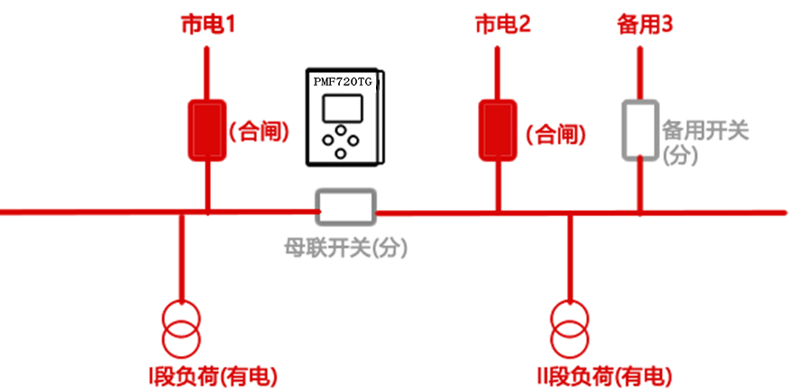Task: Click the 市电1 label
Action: pos(207,24)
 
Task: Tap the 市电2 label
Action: pos(502,24)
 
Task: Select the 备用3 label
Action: pos(646,24)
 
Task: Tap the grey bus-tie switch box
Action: pos(344,206)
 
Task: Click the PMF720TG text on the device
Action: pos(343,81)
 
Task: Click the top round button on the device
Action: pos(340,131)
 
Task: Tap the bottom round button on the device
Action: pos(340,153)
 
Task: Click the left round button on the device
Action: pos(328,141)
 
